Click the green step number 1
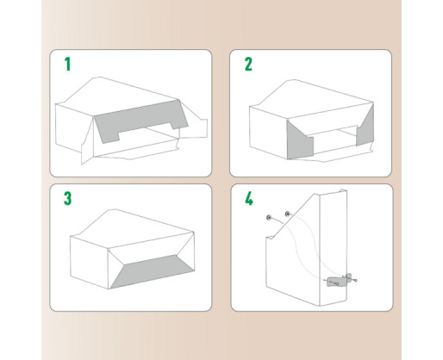click(x=67, y=64)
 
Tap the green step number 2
click(x=248, y=64)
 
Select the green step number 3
click(x=67, y=198)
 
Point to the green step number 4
click(x=249, y=198)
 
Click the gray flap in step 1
click(x=140, y=120)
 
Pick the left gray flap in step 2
click(x=299, y=141)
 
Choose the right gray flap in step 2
click(x=365, y=127)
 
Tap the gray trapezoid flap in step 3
click(x=152, y=271)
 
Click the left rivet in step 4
click(x=269, y=218)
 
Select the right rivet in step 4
click(x=287, y=214)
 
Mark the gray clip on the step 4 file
click(x=335, y=282)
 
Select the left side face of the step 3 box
click(x=89, y=262)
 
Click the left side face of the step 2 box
click(x=268, y=132)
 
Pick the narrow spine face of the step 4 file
click(x=334, y=247)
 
